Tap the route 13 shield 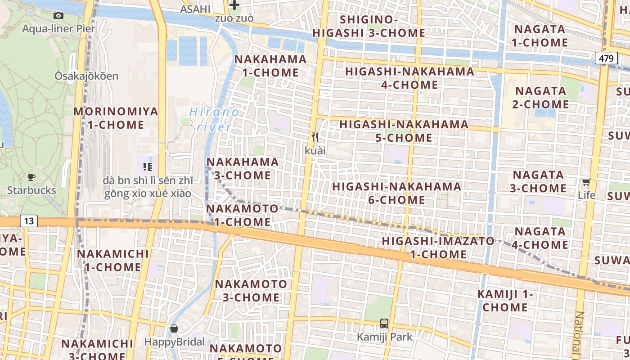click(28, 221)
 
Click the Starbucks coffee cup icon click(31, 177)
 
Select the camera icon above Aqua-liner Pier click(58, 16)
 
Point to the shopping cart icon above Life click(586, 182)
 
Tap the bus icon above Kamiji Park click(384, 323)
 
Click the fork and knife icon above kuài click(315, 137)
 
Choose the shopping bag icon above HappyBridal click(174, 329)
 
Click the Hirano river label click(214, 119)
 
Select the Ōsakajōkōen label click(86, 76)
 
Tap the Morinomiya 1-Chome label click(116, 118)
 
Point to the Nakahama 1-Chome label click(270, 66)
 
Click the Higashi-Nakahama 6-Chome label click(396, 193)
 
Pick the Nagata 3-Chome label click(538, 181)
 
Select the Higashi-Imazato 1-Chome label click(438, 247)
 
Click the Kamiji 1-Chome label click(505, 301)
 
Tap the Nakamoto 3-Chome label click(251, 291)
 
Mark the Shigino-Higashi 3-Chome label click(369, 26)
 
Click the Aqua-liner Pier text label click(58, 29)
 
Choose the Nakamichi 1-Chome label click(112, 260)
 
